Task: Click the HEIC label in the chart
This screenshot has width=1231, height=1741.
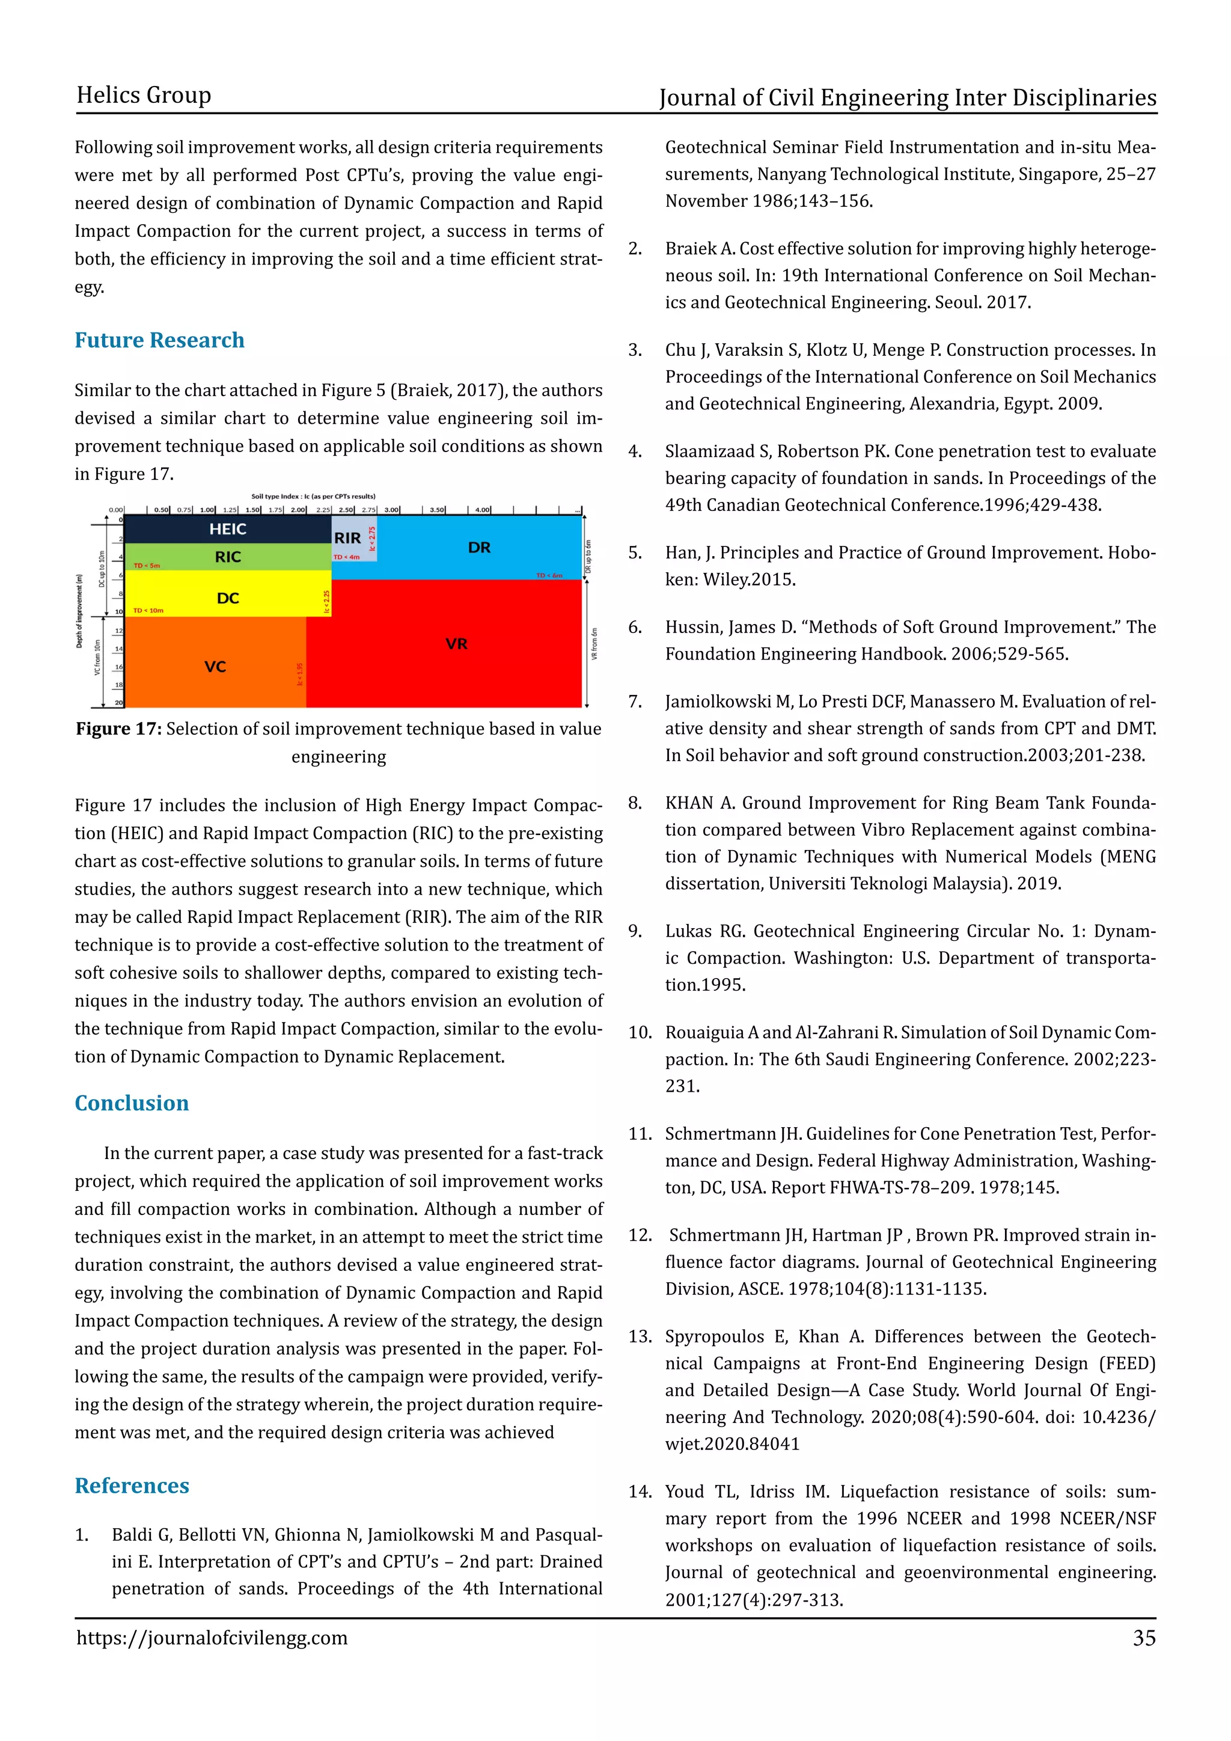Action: point(227,529)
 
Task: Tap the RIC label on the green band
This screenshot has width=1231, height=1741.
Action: point(227,557)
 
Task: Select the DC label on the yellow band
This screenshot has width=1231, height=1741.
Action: point(227,598)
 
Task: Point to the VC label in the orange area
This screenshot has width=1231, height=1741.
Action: point(215,667)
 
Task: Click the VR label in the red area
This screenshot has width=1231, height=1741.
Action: point(456,644)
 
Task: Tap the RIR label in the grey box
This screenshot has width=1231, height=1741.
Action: point(347,537)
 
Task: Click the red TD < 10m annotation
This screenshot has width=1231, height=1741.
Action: point(148,610)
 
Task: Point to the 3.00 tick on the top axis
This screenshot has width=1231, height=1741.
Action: point(392,510)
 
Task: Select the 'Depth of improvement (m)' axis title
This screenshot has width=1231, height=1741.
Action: point(79,610)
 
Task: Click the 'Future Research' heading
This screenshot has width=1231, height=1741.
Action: point(159,340)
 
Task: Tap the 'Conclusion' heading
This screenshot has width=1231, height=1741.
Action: point(131,1103)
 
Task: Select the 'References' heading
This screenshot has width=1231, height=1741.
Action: point(131,1486)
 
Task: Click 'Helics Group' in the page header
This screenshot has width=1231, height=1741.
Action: point(143,96)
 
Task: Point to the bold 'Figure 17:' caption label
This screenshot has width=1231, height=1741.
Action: point(118,729)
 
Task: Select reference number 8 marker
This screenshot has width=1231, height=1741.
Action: point(635,803)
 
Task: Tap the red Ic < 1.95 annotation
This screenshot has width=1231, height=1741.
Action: point(299,674)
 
